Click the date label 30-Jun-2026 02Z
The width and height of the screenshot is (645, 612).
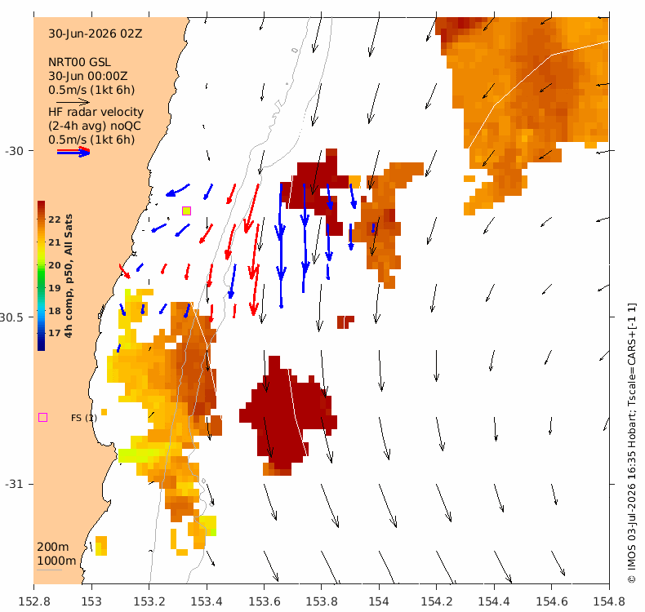coord(96,33)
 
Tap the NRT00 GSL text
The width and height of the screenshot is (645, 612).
coord(79,62)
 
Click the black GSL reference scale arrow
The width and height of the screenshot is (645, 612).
coord(73,101)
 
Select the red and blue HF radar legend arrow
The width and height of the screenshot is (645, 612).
coord(73,152)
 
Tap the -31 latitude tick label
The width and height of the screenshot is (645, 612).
coord(14,484)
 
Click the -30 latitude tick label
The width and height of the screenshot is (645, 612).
coord(14,151)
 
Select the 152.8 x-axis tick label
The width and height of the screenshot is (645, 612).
coord(34,601)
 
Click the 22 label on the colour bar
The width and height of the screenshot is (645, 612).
coord(55,220)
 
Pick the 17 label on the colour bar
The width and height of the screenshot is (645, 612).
coord(55,333)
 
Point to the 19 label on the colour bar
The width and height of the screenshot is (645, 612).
coord(55,288)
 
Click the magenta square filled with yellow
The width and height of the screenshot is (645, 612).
coord(186,211)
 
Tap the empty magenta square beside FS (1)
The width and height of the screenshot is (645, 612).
coord(42,417)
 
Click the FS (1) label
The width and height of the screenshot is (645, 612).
coord(84,418)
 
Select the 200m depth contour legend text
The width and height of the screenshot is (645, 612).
coord(52,547)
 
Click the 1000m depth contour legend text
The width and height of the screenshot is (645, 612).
coord(56,561)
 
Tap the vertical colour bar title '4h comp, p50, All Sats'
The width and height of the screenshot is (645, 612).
coord(69,276)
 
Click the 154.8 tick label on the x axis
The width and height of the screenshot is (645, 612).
coord(609,601)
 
